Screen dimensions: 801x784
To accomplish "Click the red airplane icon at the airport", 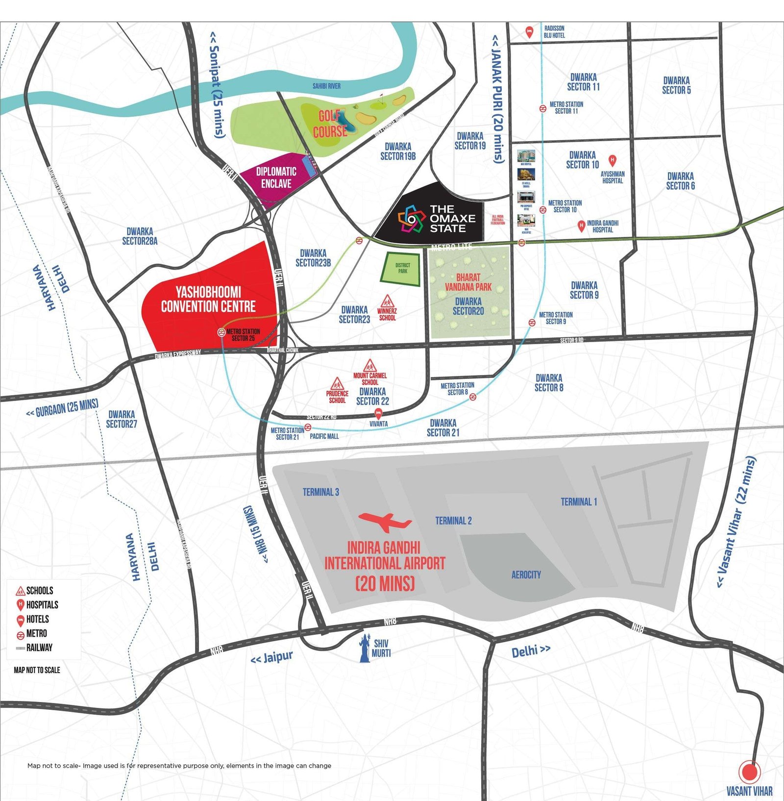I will (x=385, y=522).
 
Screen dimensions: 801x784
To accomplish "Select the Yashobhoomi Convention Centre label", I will (x=208, y=300).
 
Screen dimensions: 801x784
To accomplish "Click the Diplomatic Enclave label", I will (x=276, y=177).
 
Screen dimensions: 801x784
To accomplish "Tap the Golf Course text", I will (x=330, y=124).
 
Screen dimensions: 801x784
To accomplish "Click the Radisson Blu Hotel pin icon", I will (x=529, y=32).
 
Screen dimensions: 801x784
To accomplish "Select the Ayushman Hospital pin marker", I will (x=612, y=160).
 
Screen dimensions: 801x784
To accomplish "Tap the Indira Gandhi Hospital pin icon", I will (x=581, y=226).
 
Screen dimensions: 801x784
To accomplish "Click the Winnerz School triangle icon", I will (x=387, y=300).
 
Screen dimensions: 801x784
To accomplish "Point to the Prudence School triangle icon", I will (x=337, y=383).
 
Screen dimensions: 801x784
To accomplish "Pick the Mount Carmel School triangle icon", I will (x=369, y=366).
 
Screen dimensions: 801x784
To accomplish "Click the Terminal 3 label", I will (x=321, y=492).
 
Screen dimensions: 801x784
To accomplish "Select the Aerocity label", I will (x=526, y=575).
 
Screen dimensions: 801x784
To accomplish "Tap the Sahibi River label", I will (x=326, y=86).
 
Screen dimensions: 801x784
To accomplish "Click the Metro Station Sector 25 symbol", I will (x=221, y=332).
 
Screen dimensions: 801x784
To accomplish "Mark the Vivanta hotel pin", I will (x=378, y=414).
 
